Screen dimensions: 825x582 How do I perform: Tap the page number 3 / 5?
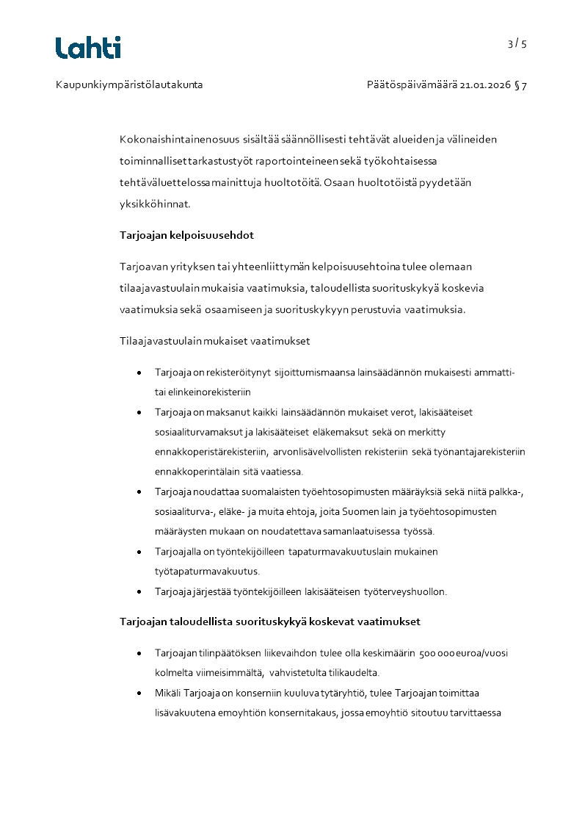coord(517,44)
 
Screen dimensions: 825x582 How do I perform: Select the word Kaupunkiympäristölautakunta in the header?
coord(129,85)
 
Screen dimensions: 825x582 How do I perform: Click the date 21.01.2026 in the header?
coord(484,85)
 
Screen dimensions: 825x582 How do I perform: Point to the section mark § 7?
coord(520,85)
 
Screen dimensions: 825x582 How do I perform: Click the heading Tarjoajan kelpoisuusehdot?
coord(186,235)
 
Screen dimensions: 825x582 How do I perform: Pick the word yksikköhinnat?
coord(154,203)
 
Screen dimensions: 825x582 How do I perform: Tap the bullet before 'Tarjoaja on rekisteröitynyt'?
coord(139,373)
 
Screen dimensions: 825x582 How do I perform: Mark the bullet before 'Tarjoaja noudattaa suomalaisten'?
coord(139,491)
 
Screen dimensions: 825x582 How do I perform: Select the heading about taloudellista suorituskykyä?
coord(269,622)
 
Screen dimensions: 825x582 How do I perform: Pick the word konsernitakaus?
coord(299,713)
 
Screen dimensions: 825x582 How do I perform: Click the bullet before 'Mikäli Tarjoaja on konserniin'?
coord(139,693)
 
